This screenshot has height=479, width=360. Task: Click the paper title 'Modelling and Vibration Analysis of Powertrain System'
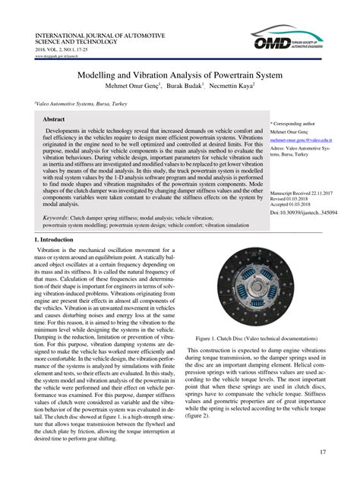coord(180,77)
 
